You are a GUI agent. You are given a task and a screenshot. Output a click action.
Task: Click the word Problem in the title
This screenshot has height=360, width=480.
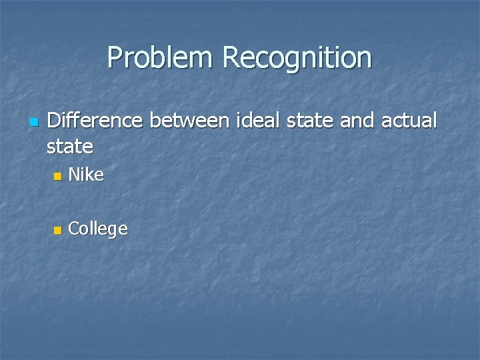161,58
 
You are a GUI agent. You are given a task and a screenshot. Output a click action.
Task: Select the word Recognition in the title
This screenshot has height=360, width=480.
297,58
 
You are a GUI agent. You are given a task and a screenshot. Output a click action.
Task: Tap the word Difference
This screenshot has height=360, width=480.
95,121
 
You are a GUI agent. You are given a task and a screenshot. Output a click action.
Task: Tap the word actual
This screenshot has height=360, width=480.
409,121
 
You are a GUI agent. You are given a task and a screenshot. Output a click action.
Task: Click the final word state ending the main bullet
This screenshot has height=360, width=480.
70,145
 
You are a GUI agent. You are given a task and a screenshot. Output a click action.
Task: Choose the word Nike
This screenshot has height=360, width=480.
86,175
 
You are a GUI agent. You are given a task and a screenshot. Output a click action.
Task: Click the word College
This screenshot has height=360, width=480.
97,230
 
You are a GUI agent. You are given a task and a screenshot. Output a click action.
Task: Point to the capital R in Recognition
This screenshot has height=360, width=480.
231,58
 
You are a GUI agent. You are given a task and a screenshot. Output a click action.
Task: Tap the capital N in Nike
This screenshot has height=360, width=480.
74,175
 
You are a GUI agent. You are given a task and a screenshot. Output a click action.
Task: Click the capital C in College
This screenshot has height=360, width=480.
74,229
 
